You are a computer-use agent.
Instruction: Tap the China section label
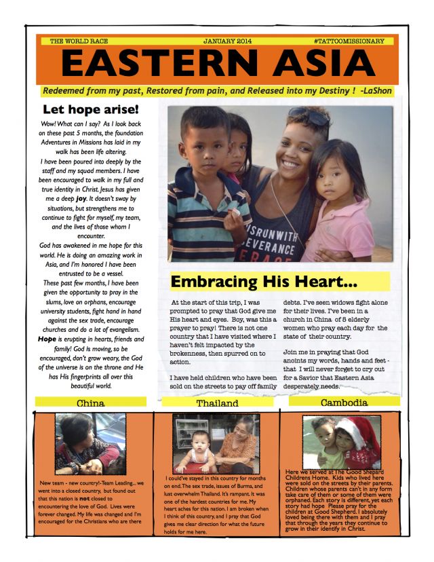click(90, 402)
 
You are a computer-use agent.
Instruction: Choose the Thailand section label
click(217, 403)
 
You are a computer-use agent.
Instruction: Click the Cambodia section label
click(343, 402)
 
